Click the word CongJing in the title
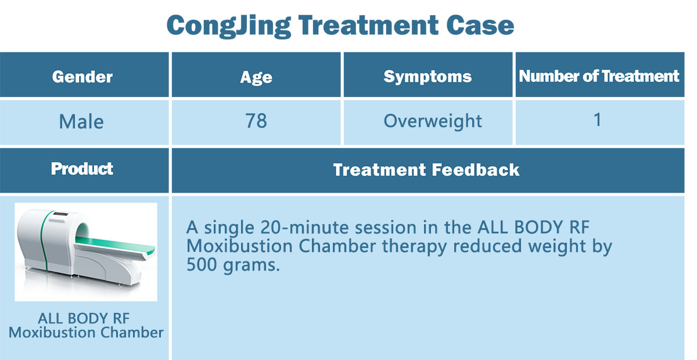[229, 26]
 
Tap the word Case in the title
[480, 25]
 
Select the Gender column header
[82, 77]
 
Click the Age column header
[256, 77]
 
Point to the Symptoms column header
[427, 77]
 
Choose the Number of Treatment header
[599, 76]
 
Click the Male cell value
[81, 121]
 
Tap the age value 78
[256, 121]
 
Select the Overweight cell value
[433, 121]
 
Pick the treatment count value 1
[598, 120]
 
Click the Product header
[82, 169]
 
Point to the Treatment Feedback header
[426, 170]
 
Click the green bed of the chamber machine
[115, 244]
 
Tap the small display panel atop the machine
[60, 214]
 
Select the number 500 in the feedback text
[202, 265]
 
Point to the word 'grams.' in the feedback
[252, 266]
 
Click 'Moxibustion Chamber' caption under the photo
[86, 332]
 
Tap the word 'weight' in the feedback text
[557, 247]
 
